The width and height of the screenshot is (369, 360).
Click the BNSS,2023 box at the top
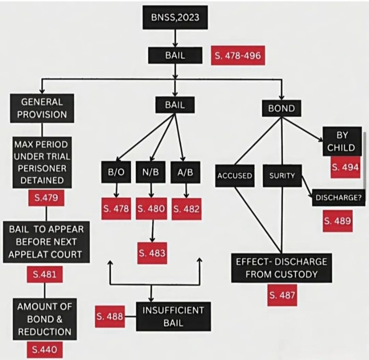pyautogui.click(x=175, y=19)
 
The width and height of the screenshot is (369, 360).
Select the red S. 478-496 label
pyautogui.click(x=238, y=55)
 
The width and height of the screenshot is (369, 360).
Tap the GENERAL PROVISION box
pyautogui.click(x=41, y=108)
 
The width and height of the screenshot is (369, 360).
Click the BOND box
pyautogui.click(x=282, y=108)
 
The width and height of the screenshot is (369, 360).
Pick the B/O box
pyautogui.click(x=116, y=172)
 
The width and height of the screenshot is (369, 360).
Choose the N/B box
pyautogui.click(x=151, y=172)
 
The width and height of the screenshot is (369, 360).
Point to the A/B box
pyautogui.click(x=185, y=172)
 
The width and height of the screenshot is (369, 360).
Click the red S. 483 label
pyautogui.click(x=152, y=252)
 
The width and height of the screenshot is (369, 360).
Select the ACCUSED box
pyautogui.click(x=235, y=175)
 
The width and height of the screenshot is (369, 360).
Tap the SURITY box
pyautogui.click(x=283, y=175)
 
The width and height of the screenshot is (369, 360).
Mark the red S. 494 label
pyautogui.click(x=345, y=167)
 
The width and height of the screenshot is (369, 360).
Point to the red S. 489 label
pyautogui.click(x=337, y=221)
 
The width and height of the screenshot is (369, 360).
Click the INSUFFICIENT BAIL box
pyautogui.click(x=174, y=316)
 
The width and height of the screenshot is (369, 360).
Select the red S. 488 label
pyautogui.click(x=109, y=317)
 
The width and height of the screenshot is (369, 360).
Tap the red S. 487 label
pyautogui.click(x=282, y=296)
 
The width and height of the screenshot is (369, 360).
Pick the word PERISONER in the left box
pyautogui.click(x=41, y=167)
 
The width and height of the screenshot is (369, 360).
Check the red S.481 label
pyautogui.click(x=44, y=275)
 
